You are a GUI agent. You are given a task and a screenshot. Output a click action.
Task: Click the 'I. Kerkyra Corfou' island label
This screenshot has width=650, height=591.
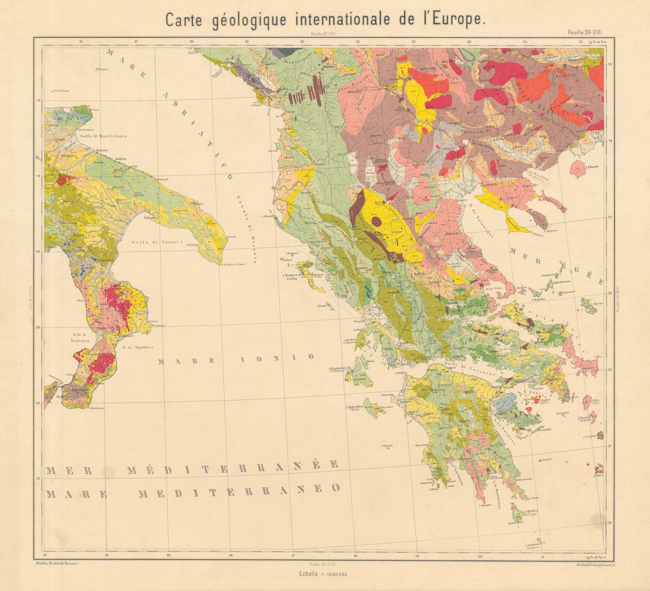pyautogui.click(x=289, y=277)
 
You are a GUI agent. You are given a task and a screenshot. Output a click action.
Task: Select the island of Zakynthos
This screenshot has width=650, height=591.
pyautogui.click(x=373, y=407)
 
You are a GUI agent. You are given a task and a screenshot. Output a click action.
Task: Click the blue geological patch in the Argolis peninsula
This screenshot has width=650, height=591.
pyautogui.click(x=506, y=403)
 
